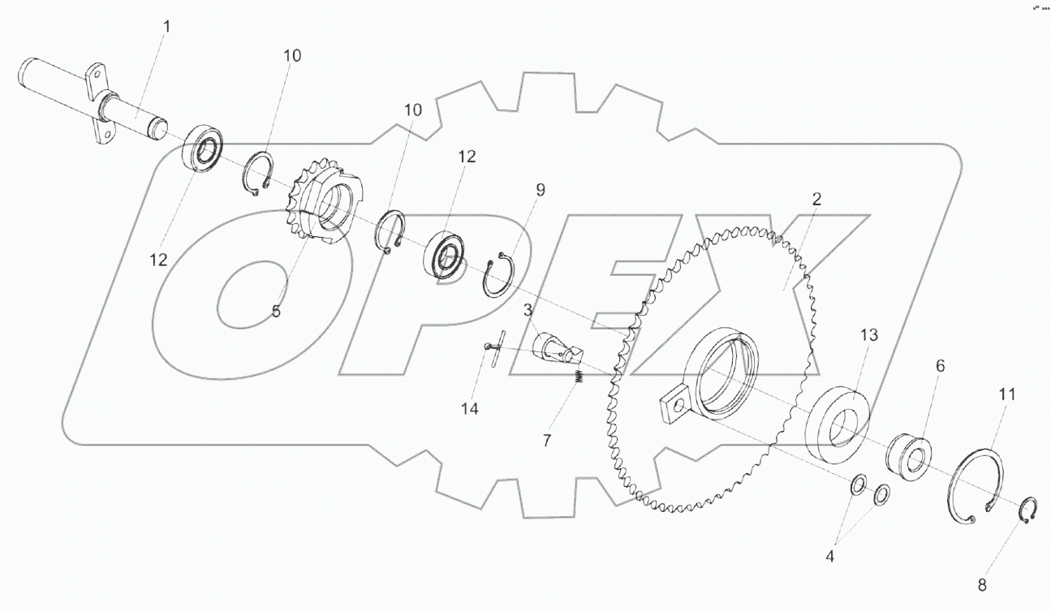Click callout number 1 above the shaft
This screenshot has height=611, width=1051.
[166, 27]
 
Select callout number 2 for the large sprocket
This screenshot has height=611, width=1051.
[816, 200]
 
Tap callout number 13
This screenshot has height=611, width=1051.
[869, 334]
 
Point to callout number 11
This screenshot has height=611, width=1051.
[1006, 395]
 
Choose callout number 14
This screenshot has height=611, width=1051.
[469, 408]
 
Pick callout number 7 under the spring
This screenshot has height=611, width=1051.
[547, 440]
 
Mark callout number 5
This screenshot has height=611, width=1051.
[276, 311]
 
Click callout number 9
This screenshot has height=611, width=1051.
[540, 190]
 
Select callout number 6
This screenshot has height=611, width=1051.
[940, 366]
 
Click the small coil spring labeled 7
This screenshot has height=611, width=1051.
[579, 377]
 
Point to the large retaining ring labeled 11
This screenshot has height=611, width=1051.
[976, 486]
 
